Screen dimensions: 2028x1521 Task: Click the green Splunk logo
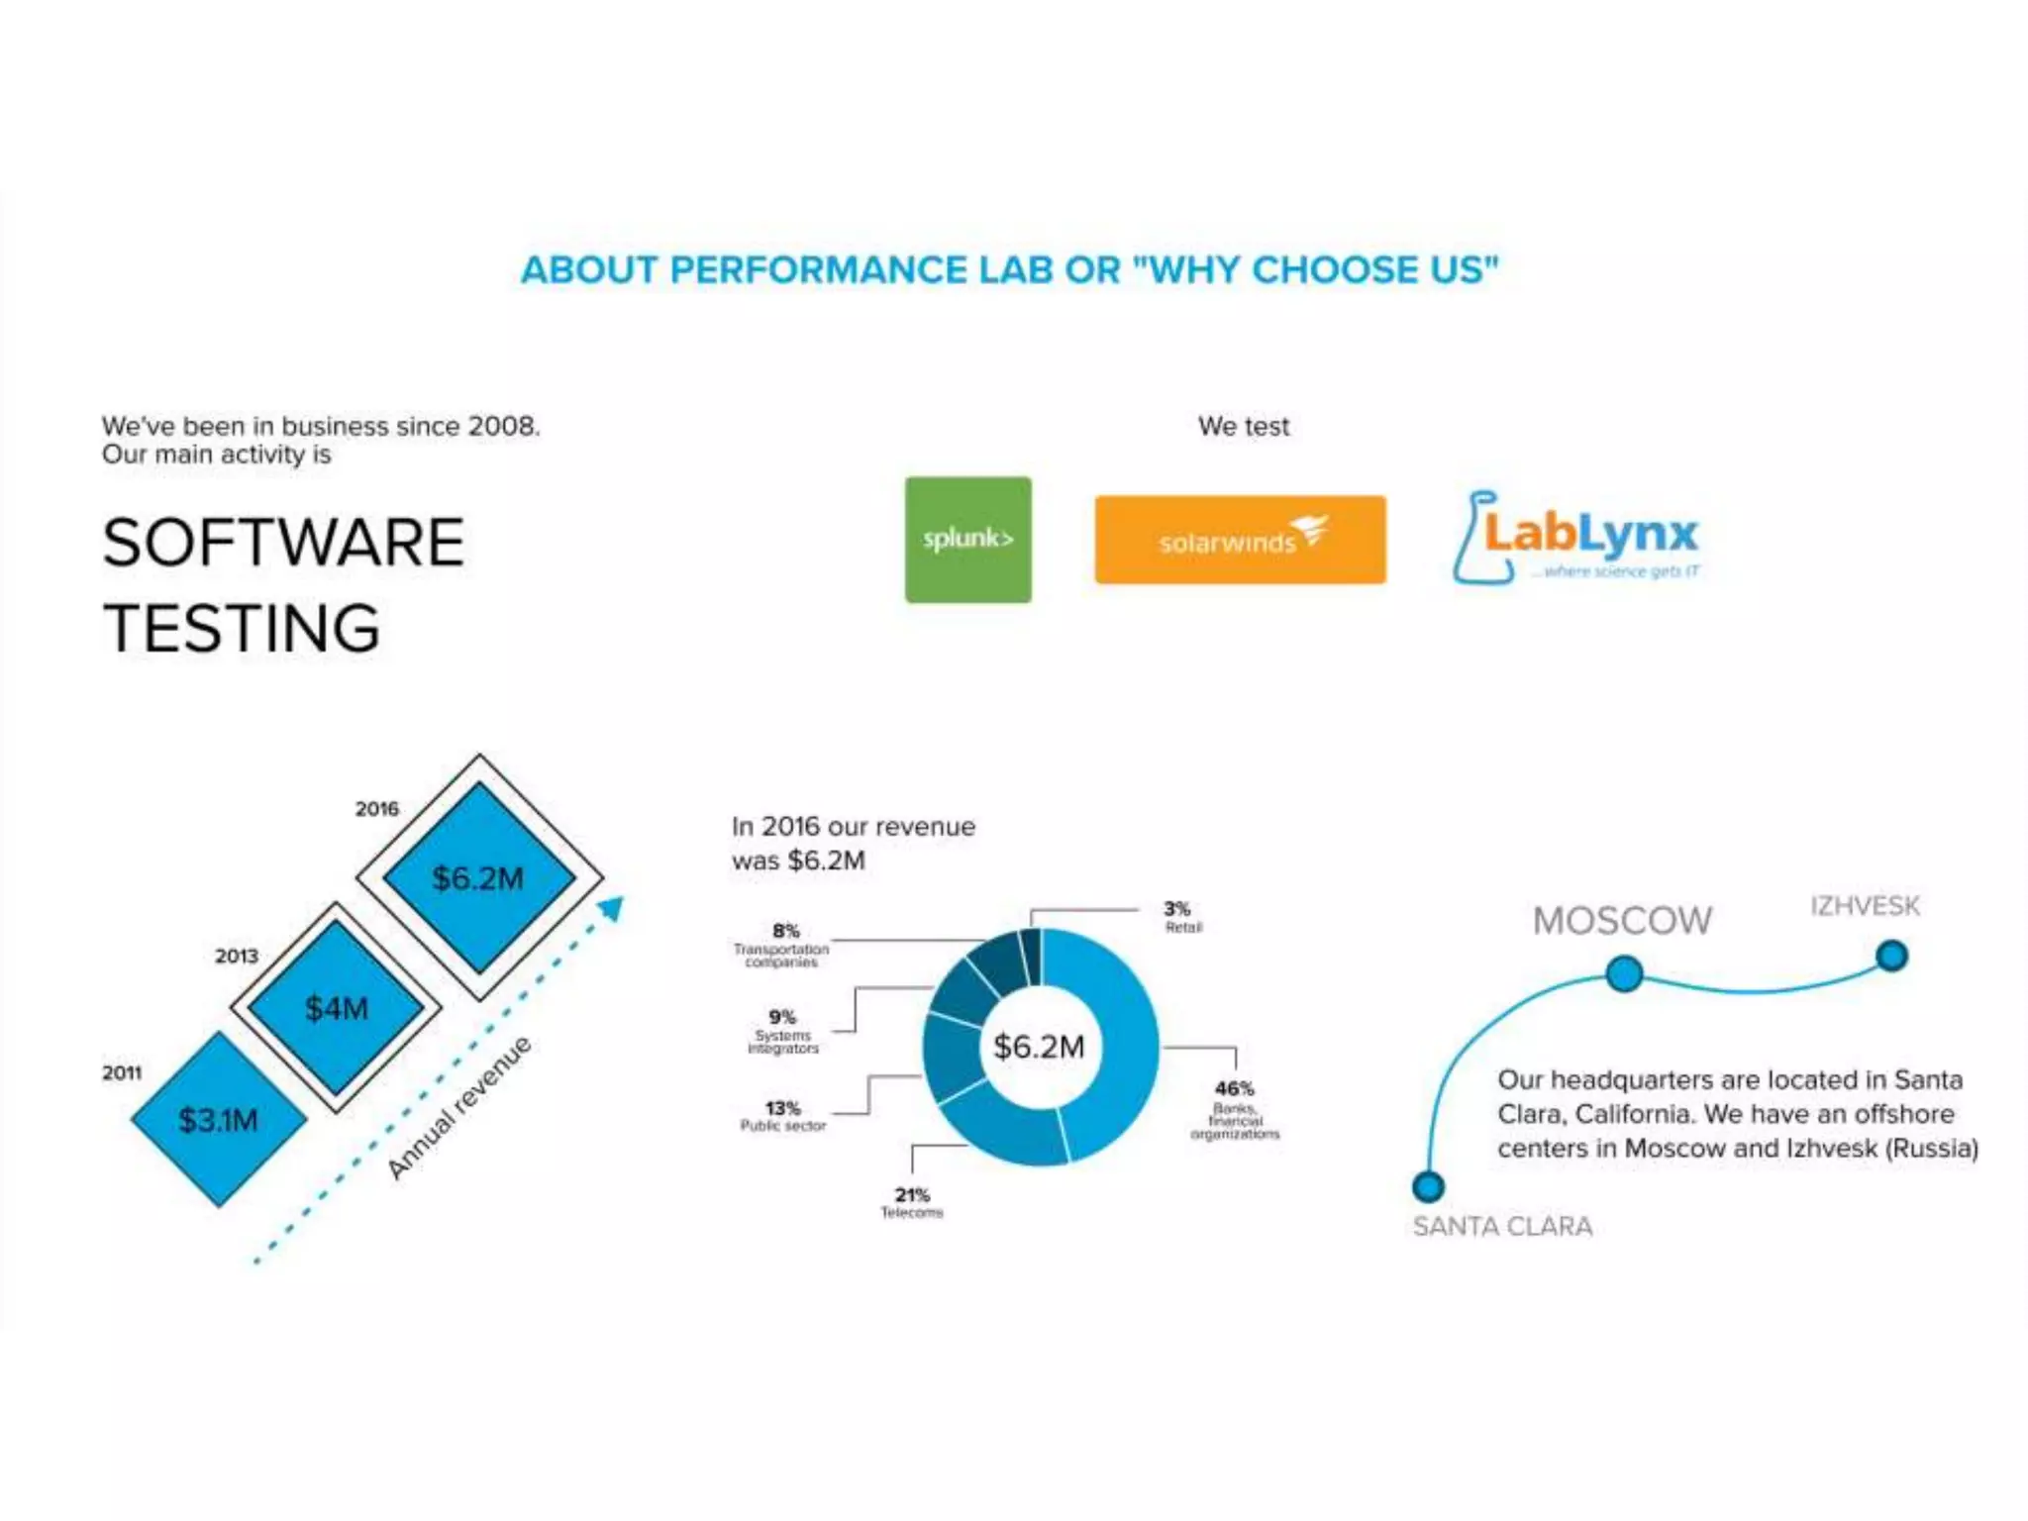pyautogui.click(x=967, y=540)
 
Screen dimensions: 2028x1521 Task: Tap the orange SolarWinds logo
pyautogui.click(x=1240, y=540)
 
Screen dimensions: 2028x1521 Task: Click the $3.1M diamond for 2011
pyautogui.click(x=219, y=1120)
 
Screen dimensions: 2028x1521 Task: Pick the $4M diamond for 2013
pyautogui.click(x=337, y=1008)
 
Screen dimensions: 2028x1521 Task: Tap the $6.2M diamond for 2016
pyautogui.click(x=479, y=878)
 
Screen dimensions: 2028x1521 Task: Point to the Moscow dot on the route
pyautogui.click(x=1624, y=973)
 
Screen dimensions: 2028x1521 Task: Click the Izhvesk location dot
pyautogui.click(x=1891, y=957)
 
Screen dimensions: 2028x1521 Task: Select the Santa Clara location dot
pyautogui.click(x=1428, y=1185)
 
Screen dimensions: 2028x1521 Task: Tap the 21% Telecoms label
pyautogui.click(x=912, y=1202)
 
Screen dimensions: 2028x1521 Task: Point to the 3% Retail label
pyautogui.click(x=1181, y=916)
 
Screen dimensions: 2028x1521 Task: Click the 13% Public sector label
pyautogui.click(x=782, y=1115)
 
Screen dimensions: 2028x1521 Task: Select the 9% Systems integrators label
pyautogui.click(x=782, y=1031)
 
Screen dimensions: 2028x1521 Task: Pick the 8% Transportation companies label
pyautogui.click(x=782, y=945)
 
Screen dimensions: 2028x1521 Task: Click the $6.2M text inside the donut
pyautogui.click(x=1039, y=1047)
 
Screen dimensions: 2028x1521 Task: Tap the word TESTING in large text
pyautogui.click(x=243, y=629)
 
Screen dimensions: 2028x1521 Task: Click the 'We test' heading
pyautogui.click(x=1244, y=427)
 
